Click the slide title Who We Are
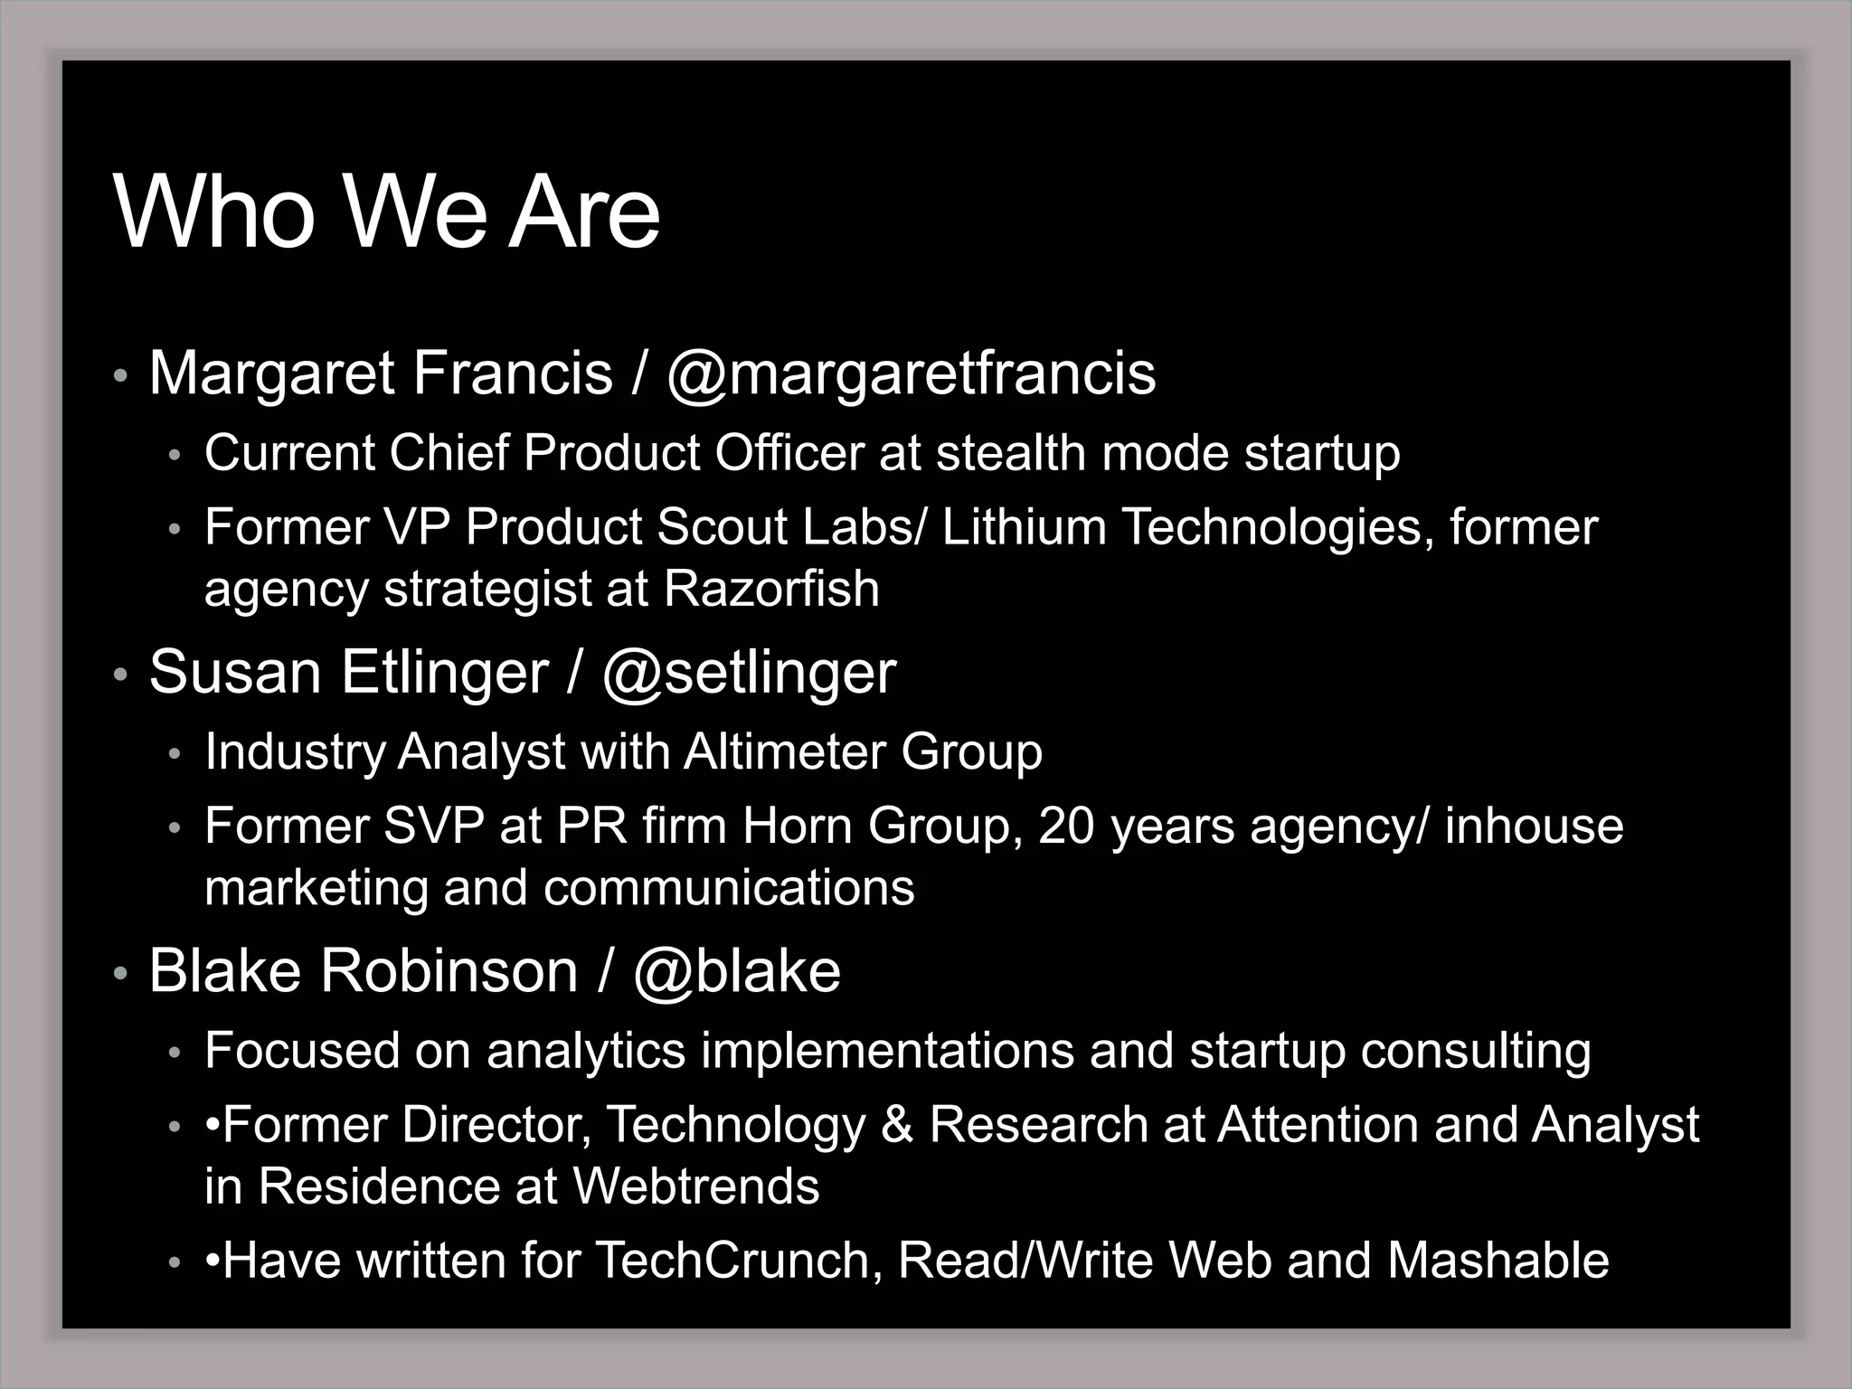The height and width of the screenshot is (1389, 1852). click(387, 213)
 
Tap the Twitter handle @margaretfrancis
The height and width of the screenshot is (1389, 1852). click(911, 373)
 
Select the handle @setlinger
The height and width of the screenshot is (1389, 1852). click(749, 673)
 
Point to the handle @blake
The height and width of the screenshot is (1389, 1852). click(736, 971)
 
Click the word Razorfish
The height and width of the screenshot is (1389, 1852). click(771, 589)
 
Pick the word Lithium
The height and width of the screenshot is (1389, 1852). click(1024, 527)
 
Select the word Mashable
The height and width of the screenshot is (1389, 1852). click(1498, 1260)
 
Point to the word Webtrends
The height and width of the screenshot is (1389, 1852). click(695, 1186)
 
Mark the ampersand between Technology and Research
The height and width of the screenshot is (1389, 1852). click(896, 1125)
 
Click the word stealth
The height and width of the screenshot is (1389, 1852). click(1011, 452)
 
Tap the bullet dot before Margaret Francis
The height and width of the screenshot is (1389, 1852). click(120, 376)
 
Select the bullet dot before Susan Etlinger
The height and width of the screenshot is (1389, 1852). click(120, 676)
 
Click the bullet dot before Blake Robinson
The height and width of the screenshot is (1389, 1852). click(120, 974)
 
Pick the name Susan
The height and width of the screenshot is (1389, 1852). click(235, 673)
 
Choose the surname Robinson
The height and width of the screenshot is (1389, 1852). click(449, 971)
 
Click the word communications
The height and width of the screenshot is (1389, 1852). click(729, 888)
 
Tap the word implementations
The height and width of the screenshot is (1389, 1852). click(887, 1051)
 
